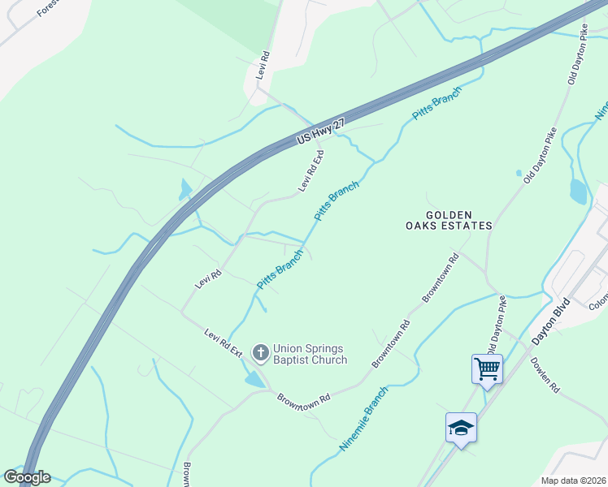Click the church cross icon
pos(260,352)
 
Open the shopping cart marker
pos(487,369)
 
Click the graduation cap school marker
pos(461,428)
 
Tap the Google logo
pos(27,477)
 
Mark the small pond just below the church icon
pos(254,378)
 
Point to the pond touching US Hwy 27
pos(186,190)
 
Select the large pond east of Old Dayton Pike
pos(578,192)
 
